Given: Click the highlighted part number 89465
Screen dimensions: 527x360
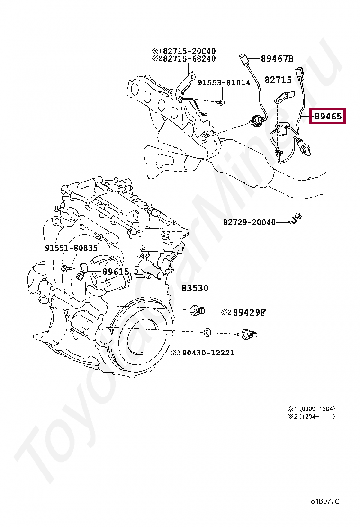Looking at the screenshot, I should [x=327, y=116].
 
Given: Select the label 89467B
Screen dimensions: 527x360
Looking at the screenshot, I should [x=277, y=59].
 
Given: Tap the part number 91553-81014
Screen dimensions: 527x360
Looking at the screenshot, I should [x=224, y=82].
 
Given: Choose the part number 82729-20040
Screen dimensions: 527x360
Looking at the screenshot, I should [x=249, y=222].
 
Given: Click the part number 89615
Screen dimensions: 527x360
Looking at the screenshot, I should [x=116, y=272].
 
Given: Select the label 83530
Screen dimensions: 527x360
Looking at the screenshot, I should [x=194, y=288].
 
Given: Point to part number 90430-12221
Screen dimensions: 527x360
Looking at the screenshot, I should [x=207, y=353].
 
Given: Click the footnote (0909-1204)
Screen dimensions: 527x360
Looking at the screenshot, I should [x=316, y=409].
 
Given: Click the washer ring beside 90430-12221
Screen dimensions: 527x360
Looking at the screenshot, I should [x=207, y=333].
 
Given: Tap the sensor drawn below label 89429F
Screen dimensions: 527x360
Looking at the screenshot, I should [x=248, y=334].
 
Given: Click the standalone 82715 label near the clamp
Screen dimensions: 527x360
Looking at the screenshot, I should [x=278, y=81].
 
